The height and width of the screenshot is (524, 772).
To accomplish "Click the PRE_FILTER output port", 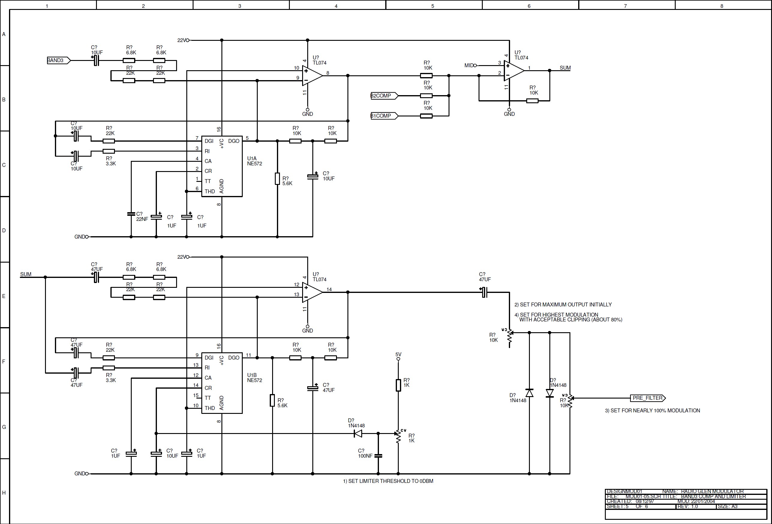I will [x=647, y=398].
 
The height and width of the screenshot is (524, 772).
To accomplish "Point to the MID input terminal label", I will [x=469, y=65].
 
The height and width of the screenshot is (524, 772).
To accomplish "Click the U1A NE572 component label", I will [x=254, y=161].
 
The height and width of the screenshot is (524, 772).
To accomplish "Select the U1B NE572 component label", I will [x=254, y=378].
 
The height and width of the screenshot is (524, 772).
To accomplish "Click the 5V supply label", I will [x=398, y=354].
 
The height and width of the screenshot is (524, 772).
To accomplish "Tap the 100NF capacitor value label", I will [x=365, y=456].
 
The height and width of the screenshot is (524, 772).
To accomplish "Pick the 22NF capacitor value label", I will [x=142, y=219].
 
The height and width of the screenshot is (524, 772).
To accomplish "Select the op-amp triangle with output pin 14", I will [x=311, y=292].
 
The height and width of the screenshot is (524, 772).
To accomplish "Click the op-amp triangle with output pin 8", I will [x=311, y=75].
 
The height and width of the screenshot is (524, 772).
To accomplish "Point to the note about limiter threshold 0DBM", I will [x=388, y=481].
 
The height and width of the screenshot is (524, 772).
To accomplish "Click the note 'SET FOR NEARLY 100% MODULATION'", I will [x=652, y=411].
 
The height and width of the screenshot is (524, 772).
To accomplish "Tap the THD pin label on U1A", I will [x=210, y=191].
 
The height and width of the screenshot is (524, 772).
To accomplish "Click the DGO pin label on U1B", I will [x=233, y=357].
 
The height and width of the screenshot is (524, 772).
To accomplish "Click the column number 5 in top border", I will [x=433, y=6].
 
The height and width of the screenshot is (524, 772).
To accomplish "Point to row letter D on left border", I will [x=4, y=230].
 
